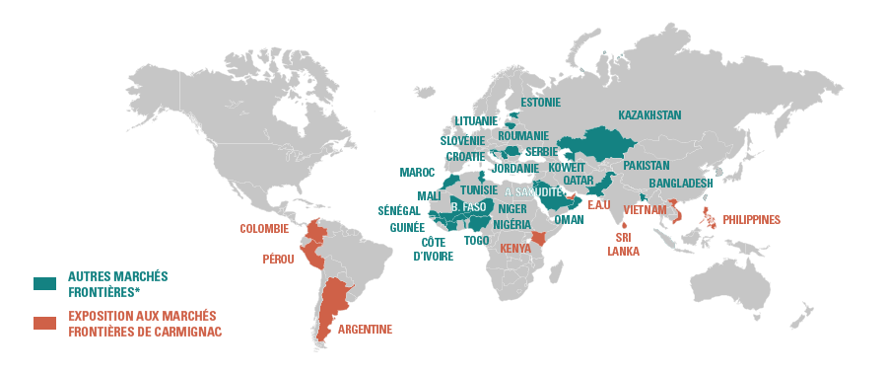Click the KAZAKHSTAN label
pyautogui.click(x=649, y=115)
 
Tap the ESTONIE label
pyautogui.click(x=540, y=103)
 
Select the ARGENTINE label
pyautogui.click(x=365, y=330)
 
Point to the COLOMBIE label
pyautogui.click(x=264, y=229)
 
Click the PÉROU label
pyautogui.click(x=278, y=260)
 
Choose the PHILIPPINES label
pyautogui.click(x=751, y=220)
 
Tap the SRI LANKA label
pyautogui.click(x=623, y=244)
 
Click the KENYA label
pyautogui.click(x=515, y=249)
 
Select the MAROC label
pyautogui.click(x=417, y=172)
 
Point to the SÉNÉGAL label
pyautogui.click(x=399, y=211)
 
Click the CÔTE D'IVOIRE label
pyautogui.click(x=432, y=249)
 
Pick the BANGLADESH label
pyautogui.click(x=681, y=184)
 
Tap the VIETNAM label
pyautogui.click(x=646, y=209)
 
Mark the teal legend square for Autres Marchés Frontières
pyautogui.click(x=44, y=284)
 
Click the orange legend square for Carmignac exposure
pyautogui.click(x=44, y=323)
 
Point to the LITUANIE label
pyautogui.click(x=476, y=121)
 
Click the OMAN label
pyautogui.click(x=570, y=220)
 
